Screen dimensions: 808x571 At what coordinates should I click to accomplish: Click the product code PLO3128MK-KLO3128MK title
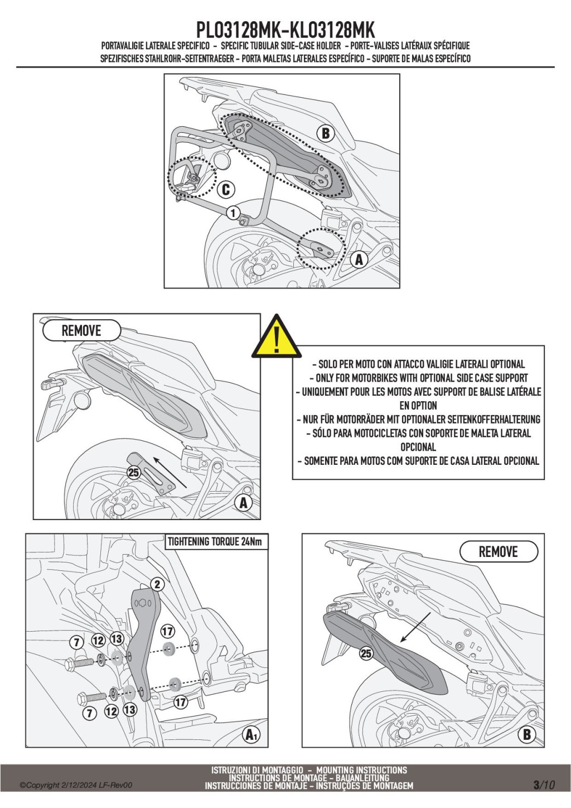285,30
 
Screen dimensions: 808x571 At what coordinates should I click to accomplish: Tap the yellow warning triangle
276,338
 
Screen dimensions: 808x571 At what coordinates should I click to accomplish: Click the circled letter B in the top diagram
326,133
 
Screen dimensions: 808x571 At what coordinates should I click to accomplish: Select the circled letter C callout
226,190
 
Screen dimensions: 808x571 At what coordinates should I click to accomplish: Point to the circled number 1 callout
233,213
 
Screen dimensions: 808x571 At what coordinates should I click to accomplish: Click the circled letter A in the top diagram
359,259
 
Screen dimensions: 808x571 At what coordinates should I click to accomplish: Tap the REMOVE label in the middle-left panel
81,330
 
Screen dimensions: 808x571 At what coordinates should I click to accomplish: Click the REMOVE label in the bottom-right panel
498,552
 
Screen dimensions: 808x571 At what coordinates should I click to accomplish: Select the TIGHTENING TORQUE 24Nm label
215,542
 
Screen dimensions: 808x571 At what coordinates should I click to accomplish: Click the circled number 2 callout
158,584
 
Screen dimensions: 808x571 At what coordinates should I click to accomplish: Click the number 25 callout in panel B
366,653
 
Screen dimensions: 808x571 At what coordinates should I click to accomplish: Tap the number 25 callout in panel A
134,473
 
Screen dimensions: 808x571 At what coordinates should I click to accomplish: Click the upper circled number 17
167,631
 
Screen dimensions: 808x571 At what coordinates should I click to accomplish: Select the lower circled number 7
90,713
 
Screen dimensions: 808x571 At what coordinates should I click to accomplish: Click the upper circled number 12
98,641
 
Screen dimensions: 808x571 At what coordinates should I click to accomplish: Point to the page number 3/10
544,785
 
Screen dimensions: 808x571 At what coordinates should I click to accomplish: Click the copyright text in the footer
76,785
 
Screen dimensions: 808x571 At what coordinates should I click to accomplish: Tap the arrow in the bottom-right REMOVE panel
415,627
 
